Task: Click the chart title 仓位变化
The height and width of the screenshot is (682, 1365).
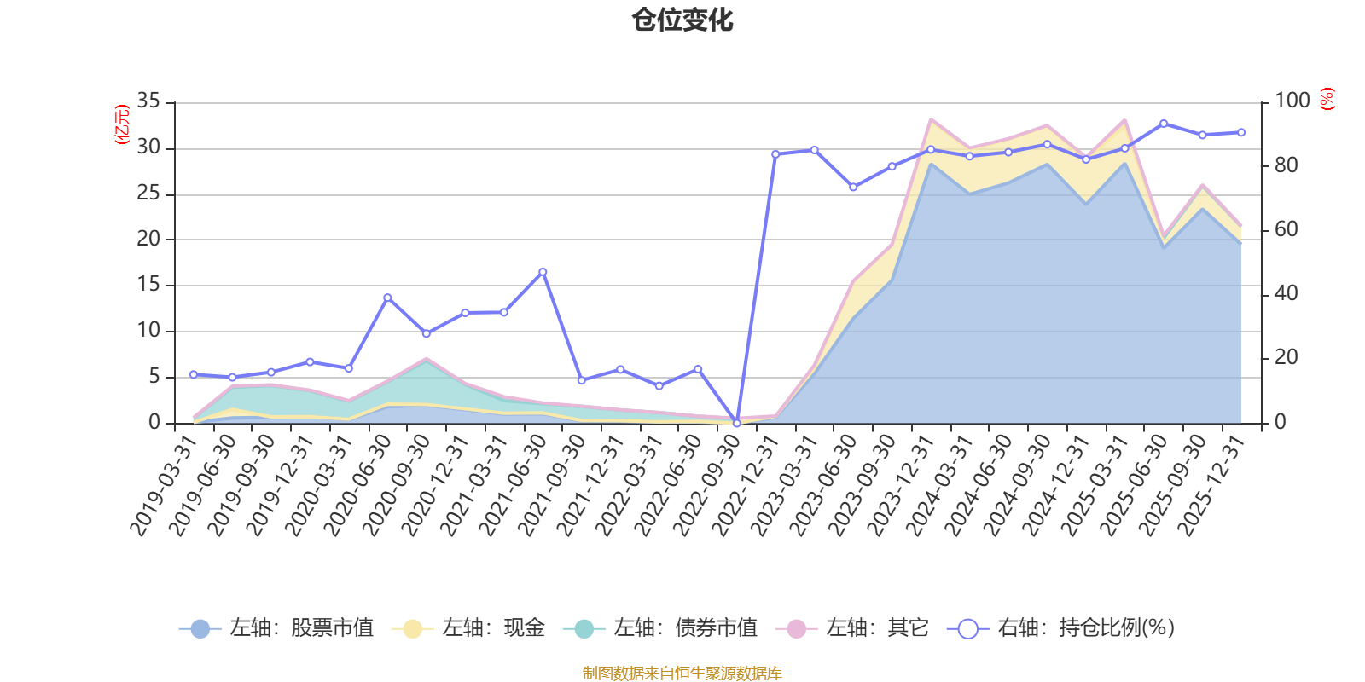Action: [x=682, y=20]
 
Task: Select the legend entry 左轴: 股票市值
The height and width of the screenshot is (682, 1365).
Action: [x=277, y=628]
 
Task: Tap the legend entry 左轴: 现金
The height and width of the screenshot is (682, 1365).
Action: [x=468, y=628]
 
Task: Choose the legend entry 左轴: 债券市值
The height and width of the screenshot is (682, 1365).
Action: [x=660, y=628]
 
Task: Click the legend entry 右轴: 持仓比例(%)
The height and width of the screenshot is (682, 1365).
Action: [x=1061, y=628]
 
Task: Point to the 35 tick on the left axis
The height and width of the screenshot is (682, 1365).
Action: [x=148, y=101]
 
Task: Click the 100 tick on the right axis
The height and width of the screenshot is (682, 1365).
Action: [x=1292, y=101]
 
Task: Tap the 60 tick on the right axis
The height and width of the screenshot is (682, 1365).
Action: [x=1286, y=229]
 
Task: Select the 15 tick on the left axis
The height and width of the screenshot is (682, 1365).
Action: [x=148, y=285]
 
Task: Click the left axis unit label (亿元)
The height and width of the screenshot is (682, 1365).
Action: [x=122, y=124]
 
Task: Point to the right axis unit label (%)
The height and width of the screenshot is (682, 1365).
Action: [x=1327, y=99]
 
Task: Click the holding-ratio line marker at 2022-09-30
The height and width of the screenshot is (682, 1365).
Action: [x=737, y=423]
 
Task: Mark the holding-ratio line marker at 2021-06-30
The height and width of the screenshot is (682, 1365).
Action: [x=543, y=272]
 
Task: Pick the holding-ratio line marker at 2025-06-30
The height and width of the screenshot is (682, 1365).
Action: [x=1164, y=124]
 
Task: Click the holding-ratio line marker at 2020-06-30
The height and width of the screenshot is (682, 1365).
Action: [x=387, y=298]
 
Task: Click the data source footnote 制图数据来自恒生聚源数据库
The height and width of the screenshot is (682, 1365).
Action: [x=682, y=673]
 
